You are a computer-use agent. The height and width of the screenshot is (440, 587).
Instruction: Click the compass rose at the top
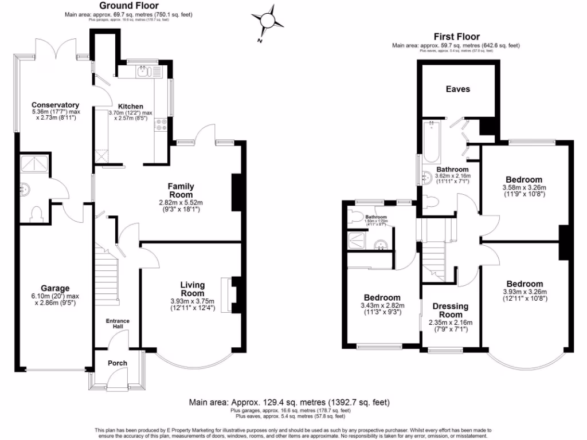pyautogui.click(x=268, y=21)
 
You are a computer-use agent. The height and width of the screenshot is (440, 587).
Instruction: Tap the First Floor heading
pyautogui.click(x=456, y=37)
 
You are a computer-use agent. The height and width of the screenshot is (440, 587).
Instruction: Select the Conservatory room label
pyautogui.click(x=55, y=105)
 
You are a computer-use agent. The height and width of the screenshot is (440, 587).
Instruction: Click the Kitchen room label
pyautogui.click(x=131, y=107)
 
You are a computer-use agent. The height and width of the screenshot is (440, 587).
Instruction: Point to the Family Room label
pyautogui.click(x=181, y=190)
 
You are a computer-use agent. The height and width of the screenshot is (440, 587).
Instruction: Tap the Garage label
pyautogui.click(x=55, y=288)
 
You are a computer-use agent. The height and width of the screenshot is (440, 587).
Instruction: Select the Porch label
pyautogui.click(x=118, y=363)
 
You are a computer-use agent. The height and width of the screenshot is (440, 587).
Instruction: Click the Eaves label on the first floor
pyautogui.click(x=457, y=89)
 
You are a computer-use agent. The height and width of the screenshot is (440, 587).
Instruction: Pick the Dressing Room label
pyautogui.click(x=450, y=311)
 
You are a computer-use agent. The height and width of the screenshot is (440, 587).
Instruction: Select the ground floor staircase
pyautogui.click(x=107, y=275)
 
